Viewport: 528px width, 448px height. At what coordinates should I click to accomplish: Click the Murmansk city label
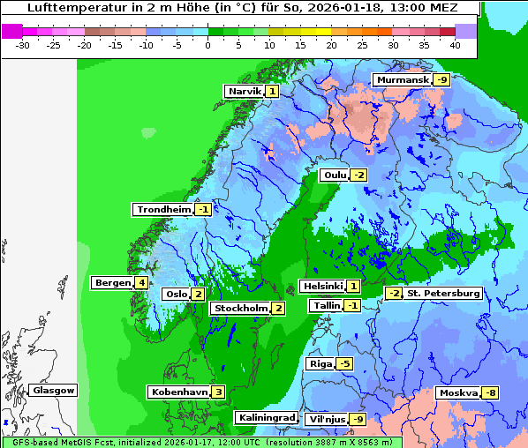click(x=402, y=80)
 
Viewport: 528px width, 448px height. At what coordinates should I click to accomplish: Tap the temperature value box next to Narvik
click(x=272, y=91)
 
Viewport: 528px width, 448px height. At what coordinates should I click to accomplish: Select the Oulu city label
click(x=335, y=175)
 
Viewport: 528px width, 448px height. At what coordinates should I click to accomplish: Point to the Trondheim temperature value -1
click(x=203, y=210)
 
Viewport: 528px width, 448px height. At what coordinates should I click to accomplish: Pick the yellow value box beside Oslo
click(x=198, y=295)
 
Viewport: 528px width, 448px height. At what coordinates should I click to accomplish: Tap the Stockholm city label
click(x=239, y=308)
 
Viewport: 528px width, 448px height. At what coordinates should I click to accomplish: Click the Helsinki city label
click(x=322, y=286)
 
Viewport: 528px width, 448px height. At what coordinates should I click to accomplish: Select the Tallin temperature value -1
click(x=352, y=305)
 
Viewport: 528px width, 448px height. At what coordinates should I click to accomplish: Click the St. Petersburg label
click(x=442, y=294)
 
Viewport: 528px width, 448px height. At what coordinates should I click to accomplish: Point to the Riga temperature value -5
click(x=344, y=363)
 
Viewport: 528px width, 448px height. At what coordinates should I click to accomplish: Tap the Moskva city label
click(x=457, y=392)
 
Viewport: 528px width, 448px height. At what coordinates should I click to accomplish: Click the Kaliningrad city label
click(x=266, y=417)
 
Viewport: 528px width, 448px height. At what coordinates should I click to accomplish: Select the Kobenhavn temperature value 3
click(x=218, y=392)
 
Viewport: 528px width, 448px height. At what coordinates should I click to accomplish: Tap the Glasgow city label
click(x=54, y=390)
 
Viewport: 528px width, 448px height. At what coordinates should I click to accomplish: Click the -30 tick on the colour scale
click(x=23, y=44)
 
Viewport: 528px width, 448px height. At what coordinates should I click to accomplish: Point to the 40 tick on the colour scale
click(x=455, y=44)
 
